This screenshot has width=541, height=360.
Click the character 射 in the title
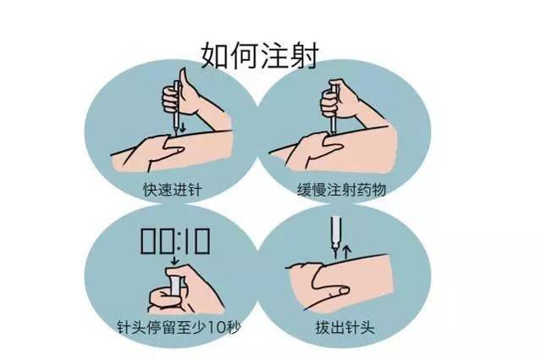point(302,53)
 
